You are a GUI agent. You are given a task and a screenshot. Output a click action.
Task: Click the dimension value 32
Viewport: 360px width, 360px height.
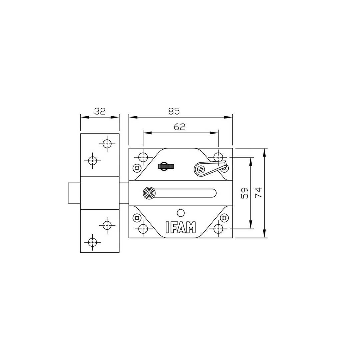click(x=99, y=111)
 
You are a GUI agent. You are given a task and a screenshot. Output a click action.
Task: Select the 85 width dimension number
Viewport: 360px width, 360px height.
click(x=174, y=111)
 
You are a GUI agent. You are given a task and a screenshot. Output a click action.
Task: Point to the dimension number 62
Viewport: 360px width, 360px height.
click(x=180, y=127)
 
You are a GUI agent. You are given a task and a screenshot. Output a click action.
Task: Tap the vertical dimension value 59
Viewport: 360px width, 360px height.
click(x=245, y=193)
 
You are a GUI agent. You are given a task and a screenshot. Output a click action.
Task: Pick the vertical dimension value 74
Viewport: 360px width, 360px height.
click(x=259, y=193)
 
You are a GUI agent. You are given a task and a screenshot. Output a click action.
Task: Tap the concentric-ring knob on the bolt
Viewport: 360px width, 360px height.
click(x=149, y=193)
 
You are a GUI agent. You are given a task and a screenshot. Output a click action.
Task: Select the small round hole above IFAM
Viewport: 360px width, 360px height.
click(x=181, y=213)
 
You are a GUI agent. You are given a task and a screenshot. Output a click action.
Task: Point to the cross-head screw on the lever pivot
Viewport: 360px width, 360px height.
click(x=201, y=170)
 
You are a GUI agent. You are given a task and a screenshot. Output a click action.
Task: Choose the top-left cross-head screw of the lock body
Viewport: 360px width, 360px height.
click(x=136, y=168)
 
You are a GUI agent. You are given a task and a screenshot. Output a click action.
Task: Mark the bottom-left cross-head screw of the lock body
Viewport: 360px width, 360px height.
click(x=136, y=218)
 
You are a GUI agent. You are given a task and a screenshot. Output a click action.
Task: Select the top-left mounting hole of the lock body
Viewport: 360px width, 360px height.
click(x=143, y=157)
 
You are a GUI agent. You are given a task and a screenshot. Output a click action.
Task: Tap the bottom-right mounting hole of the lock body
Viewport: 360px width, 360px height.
click(x=218, y=229)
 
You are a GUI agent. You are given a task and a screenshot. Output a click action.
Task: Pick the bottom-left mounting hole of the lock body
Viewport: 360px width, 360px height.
click(x=143, y=229)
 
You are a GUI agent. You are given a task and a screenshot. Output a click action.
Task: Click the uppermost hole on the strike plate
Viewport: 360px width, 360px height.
click(x=107, y=144)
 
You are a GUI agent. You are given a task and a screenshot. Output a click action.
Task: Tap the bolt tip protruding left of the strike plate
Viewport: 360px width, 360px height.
click(x=74, y=193)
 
